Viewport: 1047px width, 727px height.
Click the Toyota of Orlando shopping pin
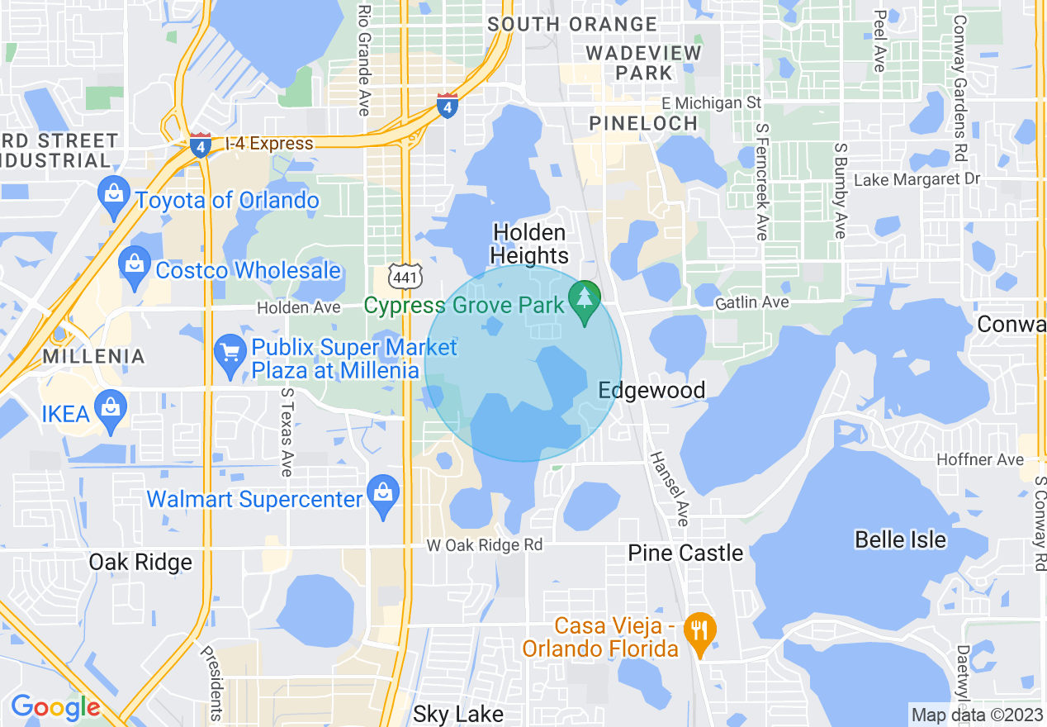[112, 195]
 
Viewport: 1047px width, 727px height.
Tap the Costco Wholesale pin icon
[133, 266]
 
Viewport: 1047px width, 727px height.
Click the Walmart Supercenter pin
[382, 495]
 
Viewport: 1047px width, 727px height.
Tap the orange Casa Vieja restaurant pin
[700, 633]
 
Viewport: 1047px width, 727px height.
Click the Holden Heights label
[529, 244]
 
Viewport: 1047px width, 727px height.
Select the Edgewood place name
[651, 390]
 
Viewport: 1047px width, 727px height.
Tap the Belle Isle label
[900, 539]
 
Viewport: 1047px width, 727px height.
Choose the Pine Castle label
[685, 553]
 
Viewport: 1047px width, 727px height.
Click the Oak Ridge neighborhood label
[140, 563]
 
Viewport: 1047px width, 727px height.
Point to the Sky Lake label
[457, 715]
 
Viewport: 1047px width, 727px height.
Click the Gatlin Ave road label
[752, 303]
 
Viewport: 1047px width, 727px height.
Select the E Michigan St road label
[712, 103]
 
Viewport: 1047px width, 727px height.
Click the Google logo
[54, 707]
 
